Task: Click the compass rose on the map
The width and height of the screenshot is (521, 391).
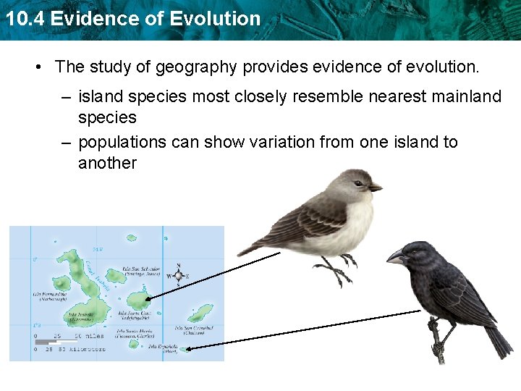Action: (x=179, y=275)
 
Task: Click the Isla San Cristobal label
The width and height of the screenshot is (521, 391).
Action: (x=194, y=330)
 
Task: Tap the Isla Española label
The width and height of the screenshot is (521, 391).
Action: (x=161, y=348)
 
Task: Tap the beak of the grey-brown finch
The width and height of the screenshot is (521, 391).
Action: (x=375, y=188)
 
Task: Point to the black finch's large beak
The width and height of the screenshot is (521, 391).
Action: (x=397, y=256)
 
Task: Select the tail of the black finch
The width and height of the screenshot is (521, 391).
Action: (x=498, y=340)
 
